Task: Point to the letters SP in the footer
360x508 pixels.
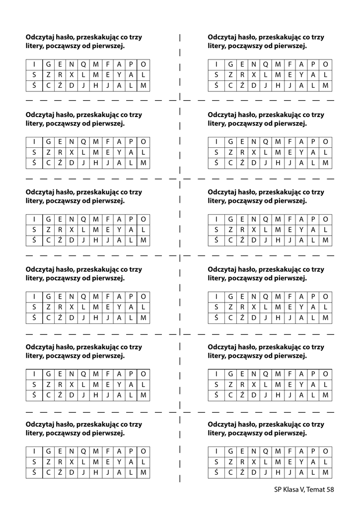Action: coord(278,490)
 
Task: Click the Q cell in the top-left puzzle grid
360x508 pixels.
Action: coord(83,64)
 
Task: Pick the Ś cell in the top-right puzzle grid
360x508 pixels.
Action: coord(216,86)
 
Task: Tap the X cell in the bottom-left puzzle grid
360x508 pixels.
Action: coord(71,462)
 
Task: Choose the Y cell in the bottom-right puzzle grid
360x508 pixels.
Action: coord(301,462)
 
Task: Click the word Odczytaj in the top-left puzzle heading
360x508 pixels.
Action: coord(41,37)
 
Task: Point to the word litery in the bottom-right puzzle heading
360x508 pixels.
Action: coord(217,433)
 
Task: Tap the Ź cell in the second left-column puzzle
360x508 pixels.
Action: coord(59,163)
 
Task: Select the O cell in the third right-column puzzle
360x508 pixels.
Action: coord(326,219)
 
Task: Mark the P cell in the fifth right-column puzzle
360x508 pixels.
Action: coord(313,374)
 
